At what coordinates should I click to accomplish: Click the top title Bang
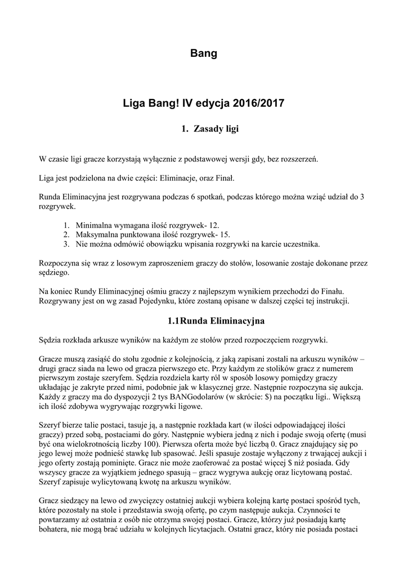click(204, 54)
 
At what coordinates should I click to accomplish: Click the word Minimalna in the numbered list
click(95, 224)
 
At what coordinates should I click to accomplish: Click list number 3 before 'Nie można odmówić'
click(66, 244)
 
